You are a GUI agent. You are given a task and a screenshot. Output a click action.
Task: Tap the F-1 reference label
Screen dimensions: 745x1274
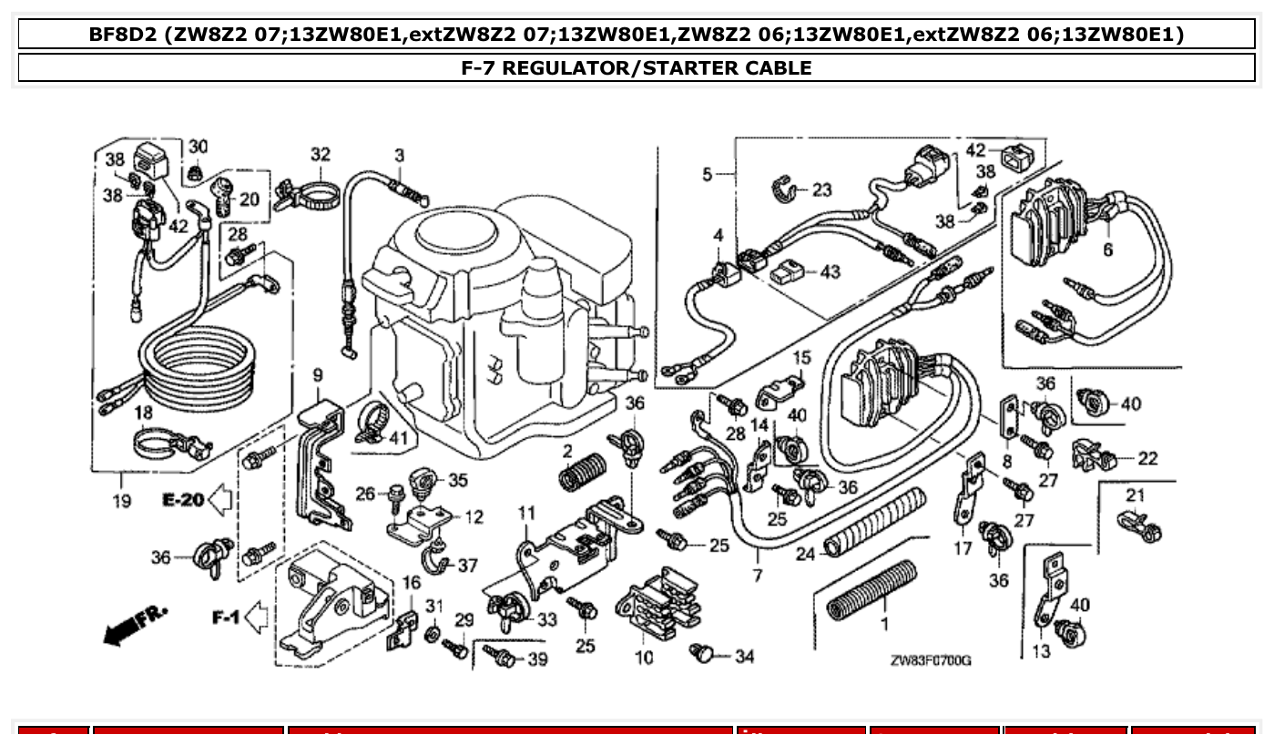(226, 618)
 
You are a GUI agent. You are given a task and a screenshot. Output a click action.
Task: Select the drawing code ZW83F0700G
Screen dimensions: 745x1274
(930, 660)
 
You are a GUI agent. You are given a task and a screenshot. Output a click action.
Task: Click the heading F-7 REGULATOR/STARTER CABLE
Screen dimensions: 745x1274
(637, 67)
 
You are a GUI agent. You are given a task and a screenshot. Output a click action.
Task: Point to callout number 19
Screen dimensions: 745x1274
(121, 500)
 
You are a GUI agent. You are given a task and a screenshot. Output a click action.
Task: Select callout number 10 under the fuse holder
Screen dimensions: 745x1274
(644, 657)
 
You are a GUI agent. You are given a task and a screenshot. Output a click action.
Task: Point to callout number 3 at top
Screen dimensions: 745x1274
(399, 156)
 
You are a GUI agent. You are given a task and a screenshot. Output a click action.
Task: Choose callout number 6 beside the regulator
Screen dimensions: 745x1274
(1107, 250)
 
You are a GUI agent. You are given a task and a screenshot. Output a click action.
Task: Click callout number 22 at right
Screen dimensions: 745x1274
(1147, 458)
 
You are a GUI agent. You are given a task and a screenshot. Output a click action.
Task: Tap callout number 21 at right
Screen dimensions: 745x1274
(1134, 495)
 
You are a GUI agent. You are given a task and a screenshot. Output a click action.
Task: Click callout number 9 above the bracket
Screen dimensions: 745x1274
(318, 374)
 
